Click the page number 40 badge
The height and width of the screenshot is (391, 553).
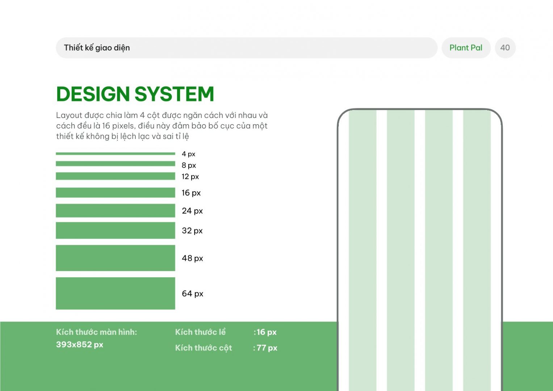505,48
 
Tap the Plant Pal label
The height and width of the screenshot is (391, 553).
466,48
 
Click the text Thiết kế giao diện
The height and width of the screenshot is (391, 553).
97,47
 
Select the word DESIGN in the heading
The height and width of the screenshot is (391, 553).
93,94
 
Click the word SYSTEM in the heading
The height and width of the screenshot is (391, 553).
174,94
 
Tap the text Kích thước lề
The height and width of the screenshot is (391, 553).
201,332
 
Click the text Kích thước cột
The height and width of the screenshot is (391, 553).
204,348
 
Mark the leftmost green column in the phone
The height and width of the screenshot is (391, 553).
363,250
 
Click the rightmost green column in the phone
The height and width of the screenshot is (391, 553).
477,250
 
